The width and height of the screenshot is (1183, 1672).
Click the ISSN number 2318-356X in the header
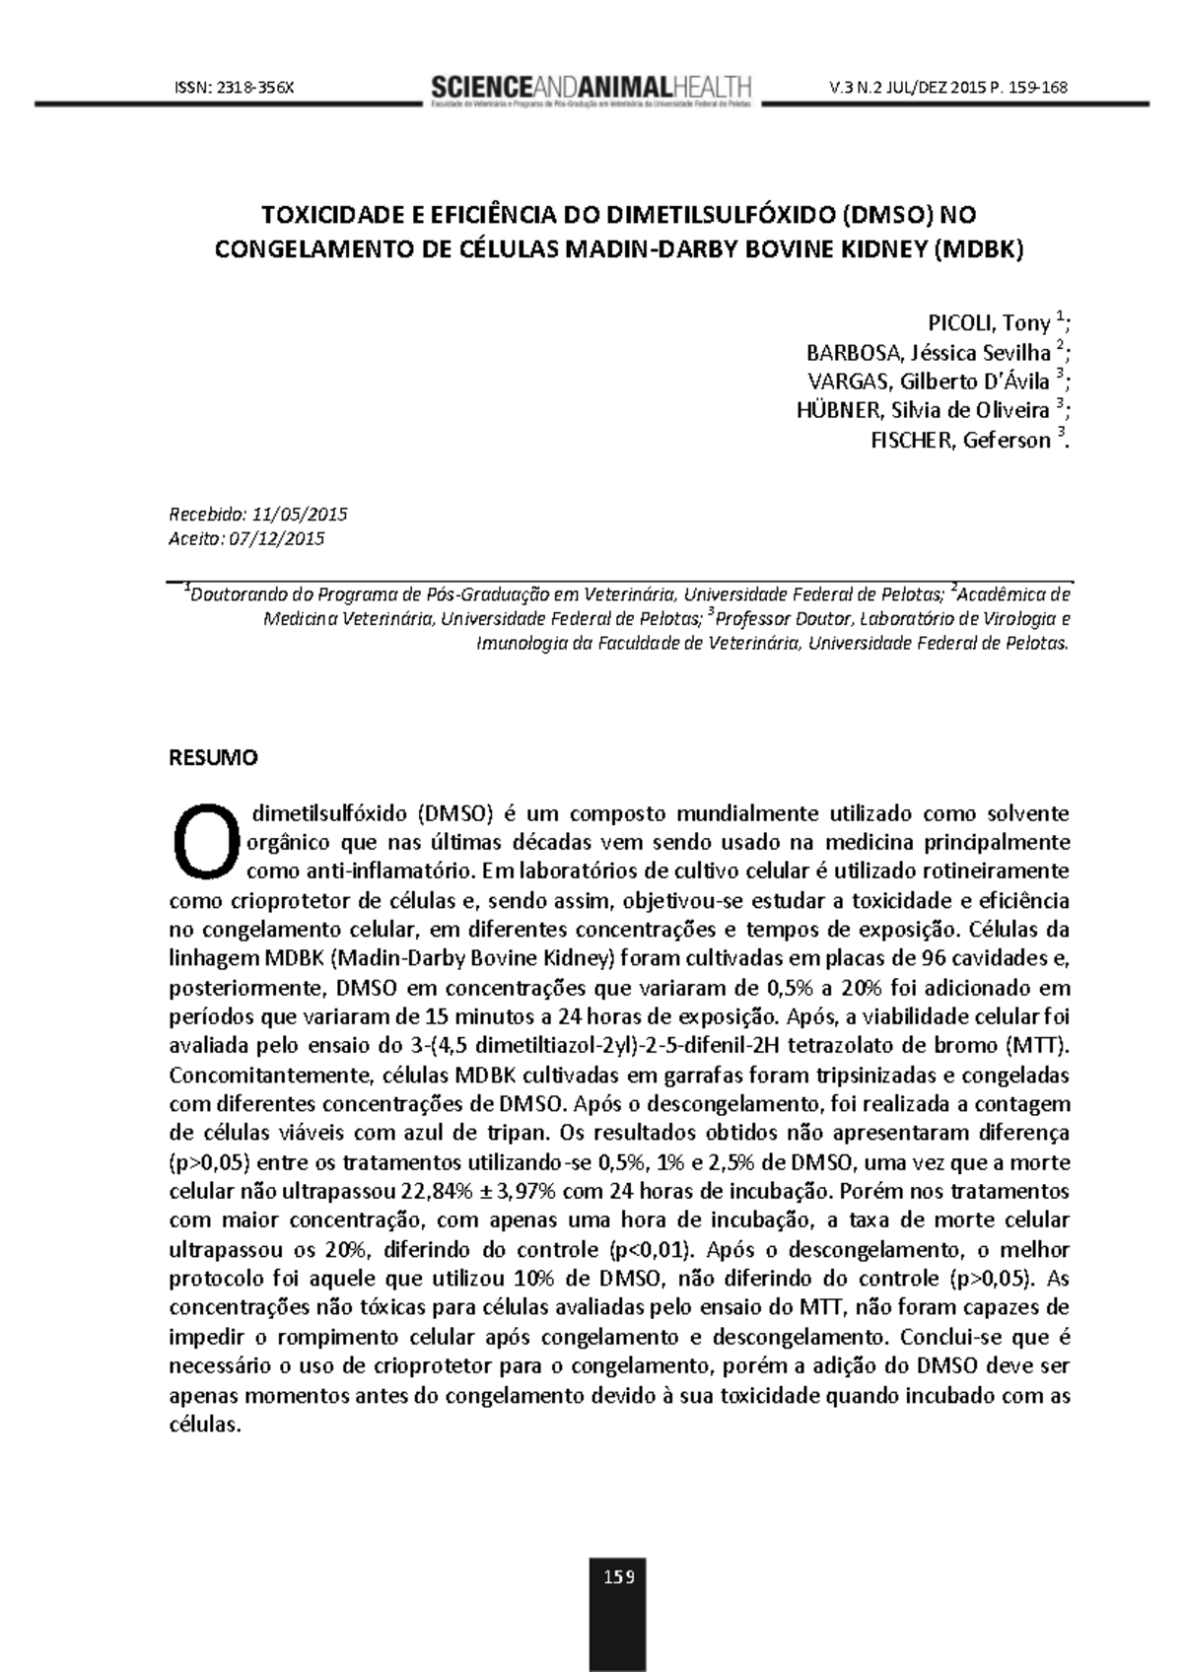point(256,88)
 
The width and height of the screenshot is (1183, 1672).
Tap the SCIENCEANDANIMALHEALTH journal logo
point(591,88)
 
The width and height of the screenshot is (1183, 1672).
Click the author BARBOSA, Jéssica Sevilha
point(928,353)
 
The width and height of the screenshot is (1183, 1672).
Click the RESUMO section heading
point(214,758)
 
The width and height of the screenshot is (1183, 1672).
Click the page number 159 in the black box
point(619,1576)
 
